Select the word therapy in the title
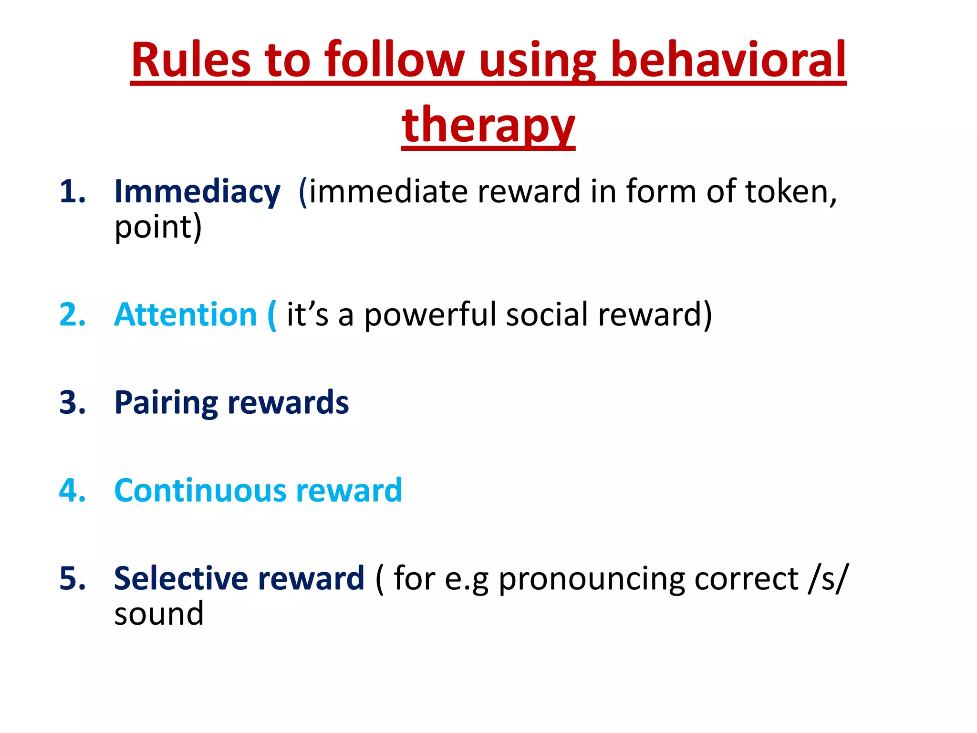pos(488,125)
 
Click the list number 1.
pos(72,192)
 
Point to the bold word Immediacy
pos(197,192)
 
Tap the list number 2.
pos(72,315)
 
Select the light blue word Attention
pos(186,315)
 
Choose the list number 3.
pos(72,403)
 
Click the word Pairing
pos(166,403)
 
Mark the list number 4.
pos(72,491)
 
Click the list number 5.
pos(72,578)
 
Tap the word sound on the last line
pos(159,614)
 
